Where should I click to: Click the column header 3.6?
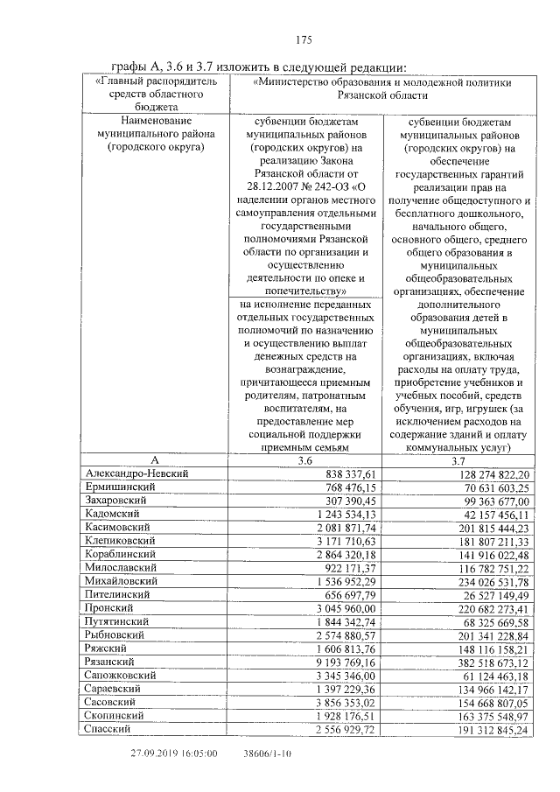pyautogui.click(x=304, y=459)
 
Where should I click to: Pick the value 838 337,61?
pyautogui.click(x=343, y=473)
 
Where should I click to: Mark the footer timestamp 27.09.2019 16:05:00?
pyautogui.click(x=174, y=753)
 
